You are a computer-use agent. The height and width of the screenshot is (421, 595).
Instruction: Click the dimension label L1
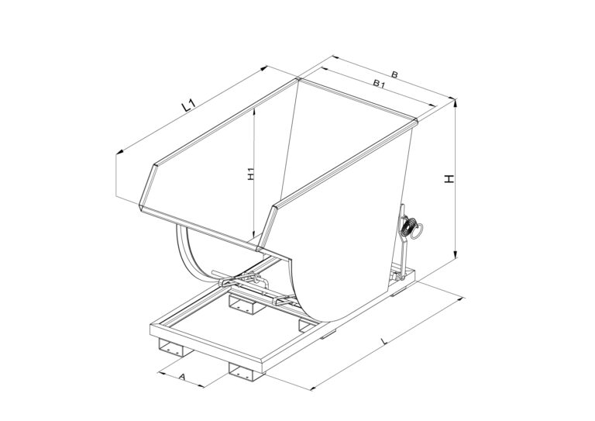click(188, 105)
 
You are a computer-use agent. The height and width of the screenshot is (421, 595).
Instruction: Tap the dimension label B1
click(379, 84)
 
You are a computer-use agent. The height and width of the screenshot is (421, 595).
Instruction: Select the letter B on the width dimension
click(394, 74)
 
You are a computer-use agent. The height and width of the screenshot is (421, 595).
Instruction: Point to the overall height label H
click(449, 179)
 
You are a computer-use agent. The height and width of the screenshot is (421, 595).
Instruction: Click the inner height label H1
click(250, 174)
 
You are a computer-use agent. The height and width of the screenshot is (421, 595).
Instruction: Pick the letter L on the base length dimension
click(384, 341)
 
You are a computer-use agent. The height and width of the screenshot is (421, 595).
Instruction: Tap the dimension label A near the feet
click(182, 377)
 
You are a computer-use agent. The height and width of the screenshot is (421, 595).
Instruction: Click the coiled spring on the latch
click(408, 227)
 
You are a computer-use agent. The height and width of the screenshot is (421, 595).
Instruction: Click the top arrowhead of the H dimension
click(456, 102)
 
